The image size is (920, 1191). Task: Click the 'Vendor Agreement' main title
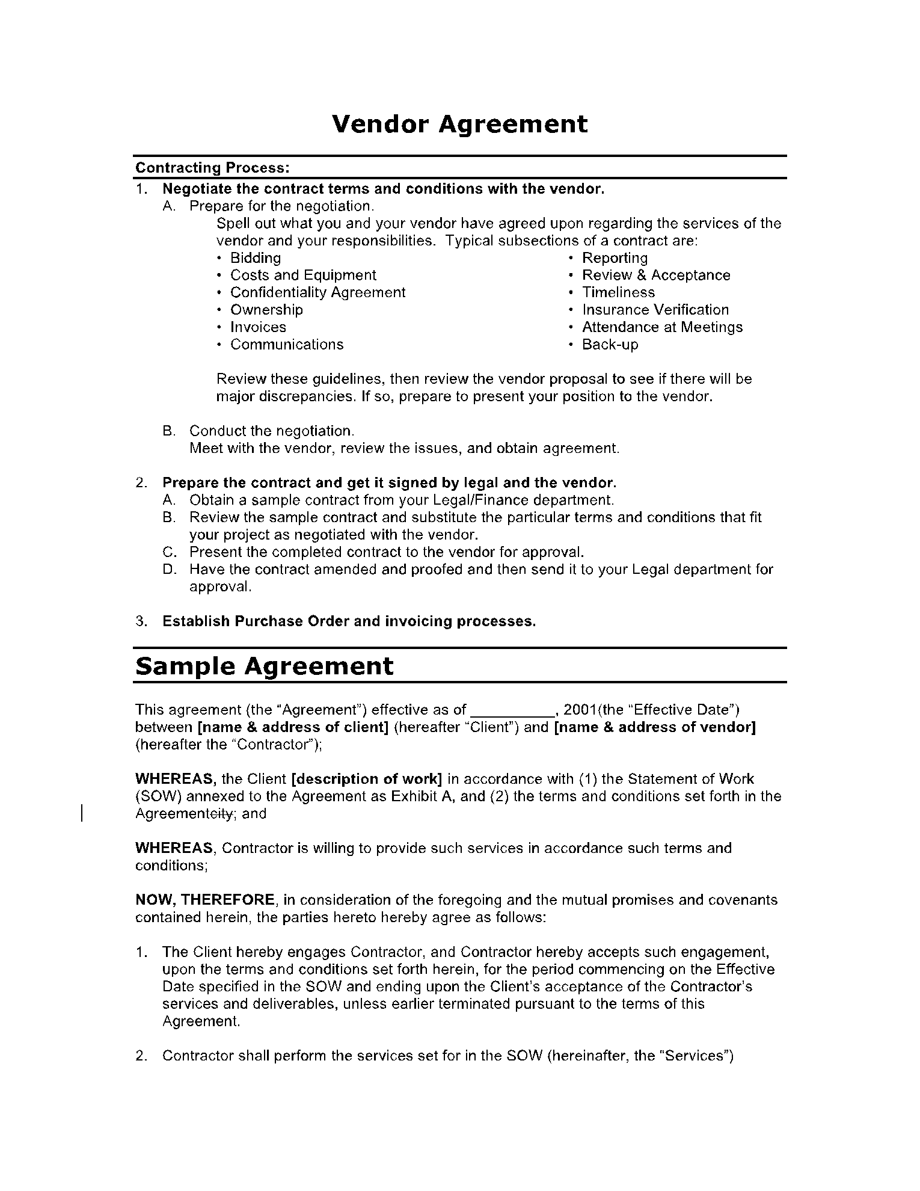point(460,125)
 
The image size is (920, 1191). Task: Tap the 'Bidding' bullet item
point(256,258)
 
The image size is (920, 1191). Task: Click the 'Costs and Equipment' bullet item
point(303,275)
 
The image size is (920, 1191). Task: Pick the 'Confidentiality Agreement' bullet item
point(318,293)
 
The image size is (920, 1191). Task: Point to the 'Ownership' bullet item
point(266,310)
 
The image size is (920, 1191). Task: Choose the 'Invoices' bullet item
point(258,327)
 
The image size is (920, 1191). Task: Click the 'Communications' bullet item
point(287,345)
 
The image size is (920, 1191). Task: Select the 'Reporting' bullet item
point(615,258)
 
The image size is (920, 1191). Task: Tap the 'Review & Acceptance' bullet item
point(656,275)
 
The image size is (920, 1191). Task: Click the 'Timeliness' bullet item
point(618,293)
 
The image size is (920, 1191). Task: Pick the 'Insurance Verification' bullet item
point(655,310)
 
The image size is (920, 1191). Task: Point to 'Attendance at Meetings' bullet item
point(662,327)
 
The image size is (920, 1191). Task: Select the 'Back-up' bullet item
point(610,345)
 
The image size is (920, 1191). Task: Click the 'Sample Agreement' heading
point(265,666)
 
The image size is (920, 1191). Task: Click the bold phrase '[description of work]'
point(366,779)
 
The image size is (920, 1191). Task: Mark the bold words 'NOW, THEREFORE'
point(205,900)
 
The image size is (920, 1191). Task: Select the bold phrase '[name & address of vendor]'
point(654,727)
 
